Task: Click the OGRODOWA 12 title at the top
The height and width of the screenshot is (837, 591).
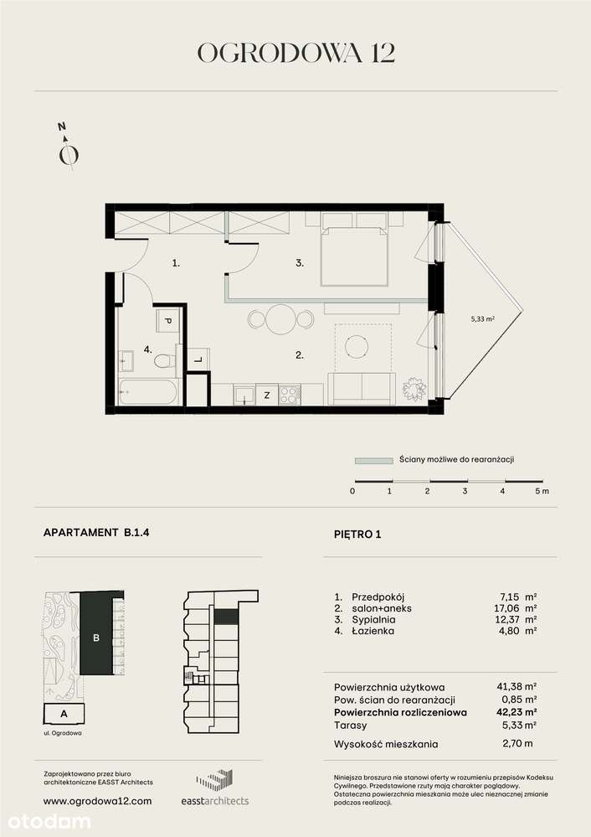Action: [x=295, y=52]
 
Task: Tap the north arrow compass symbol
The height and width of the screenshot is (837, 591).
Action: [x=68, y=151]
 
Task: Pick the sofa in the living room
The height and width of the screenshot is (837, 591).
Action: [x=362, y=387]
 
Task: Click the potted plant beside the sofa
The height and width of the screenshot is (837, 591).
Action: [x=414, y=389]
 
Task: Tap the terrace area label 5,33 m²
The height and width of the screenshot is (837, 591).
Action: [x=484, y=318]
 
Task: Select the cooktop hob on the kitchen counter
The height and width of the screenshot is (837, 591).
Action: [x=289, y=393]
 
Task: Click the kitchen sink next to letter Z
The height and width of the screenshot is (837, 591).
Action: [x=244, y=393]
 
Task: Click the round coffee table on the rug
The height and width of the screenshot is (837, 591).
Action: [x=361, y=345]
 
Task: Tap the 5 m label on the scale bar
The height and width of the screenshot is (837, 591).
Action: [x=542, y=491]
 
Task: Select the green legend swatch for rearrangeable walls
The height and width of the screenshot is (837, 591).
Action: [x=373, y=460]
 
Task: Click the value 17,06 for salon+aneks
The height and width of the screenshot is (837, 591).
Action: [x=507, y=609]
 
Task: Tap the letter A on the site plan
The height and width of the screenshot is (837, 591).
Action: [x=64, y=714]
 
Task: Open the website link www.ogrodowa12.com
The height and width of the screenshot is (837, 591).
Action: [x=97, y=801]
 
